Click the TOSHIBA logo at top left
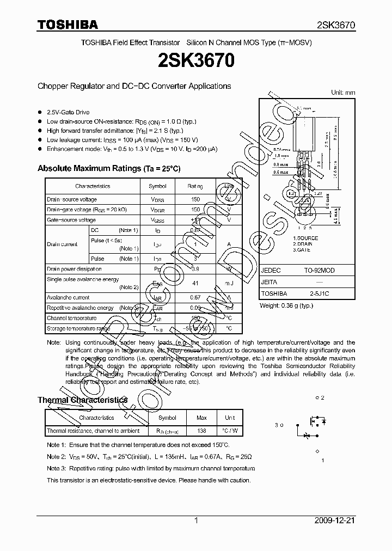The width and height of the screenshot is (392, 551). point(68,25)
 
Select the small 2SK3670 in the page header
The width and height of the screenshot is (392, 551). point(336,25)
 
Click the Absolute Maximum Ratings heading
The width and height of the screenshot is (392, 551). point(108,169)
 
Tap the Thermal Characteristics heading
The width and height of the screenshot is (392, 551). point(82,400)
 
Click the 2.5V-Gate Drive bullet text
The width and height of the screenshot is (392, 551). point(68,112)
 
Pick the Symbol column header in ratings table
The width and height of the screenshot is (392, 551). point(158,186)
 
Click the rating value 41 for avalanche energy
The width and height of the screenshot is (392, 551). point(195,283)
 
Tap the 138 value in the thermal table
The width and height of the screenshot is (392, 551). point(201,431)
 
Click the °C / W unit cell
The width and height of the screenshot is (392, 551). point(230,431)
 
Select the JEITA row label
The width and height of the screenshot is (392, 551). point(269,282)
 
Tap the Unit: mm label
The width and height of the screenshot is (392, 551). point(343,93)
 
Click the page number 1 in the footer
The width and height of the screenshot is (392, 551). point(195,521)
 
